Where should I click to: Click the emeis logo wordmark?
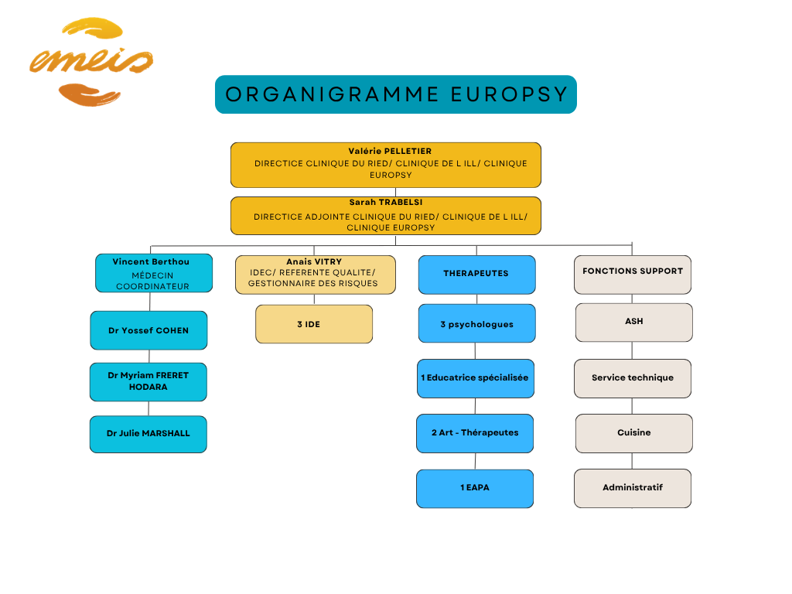(x=91, y=62)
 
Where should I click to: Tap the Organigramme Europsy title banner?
(x=396, y=94)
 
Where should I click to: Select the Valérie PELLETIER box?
(x=386, y=166)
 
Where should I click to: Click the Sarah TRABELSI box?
(x=386, y=216)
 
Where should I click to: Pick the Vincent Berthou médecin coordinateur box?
(x=154, y=273)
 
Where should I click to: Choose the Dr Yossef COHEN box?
(x=149, y=330)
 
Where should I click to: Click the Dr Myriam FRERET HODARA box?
(x=148, y=382)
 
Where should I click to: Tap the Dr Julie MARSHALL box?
(x=148, y=435)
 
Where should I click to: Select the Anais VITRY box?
(x=316, y=275)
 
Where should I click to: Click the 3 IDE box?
(x=314, y=324)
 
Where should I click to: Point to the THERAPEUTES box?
(x=476, y=275)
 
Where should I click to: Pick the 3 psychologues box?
(x=476, y=323)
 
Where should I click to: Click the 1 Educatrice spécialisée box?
(x=476, y=379)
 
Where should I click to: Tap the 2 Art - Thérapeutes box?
(x=475, y=433)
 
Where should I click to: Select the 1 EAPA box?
(x=475, y=489)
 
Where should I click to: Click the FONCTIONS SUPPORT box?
(x=633, y=275)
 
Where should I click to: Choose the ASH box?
(x=634, y=323)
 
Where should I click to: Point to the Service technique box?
(x=633, y=379)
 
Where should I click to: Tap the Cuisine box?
(x=634, y=433)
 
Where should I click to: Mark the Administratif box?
(x=633, y=489)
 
